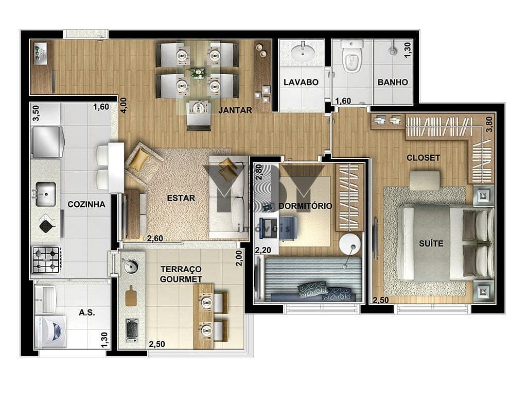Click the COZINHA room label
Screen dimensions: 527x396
(86, 204)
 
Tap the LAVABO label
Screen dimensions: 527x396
(301, 82)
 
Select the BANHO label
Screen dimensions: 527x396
(393, 82)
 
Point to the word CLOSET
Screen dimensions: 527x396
(423, 158)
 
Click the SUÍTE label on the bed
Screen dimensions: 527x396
(431, 243)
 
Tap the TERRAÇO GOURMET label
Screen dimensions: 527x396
(181, 274)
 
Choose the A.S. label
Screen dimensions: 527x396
(86, 312)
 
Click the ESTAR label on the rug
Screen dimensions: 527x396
(181, 198)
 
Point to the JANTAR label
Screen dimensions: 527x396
(235, 110)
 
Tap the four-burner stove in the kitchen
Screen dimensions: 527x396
(47, 260)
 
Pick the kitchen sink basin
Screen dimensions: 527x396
(46, 194)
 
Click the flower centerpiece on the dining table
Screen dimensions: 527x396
(197, 73)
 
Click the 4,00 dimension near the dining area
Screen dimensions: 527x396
(124, 105)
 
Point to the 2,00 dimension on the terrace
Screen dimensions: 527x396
(239, 258)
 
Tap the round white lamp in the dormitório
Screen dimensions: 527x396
(349, 243)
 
